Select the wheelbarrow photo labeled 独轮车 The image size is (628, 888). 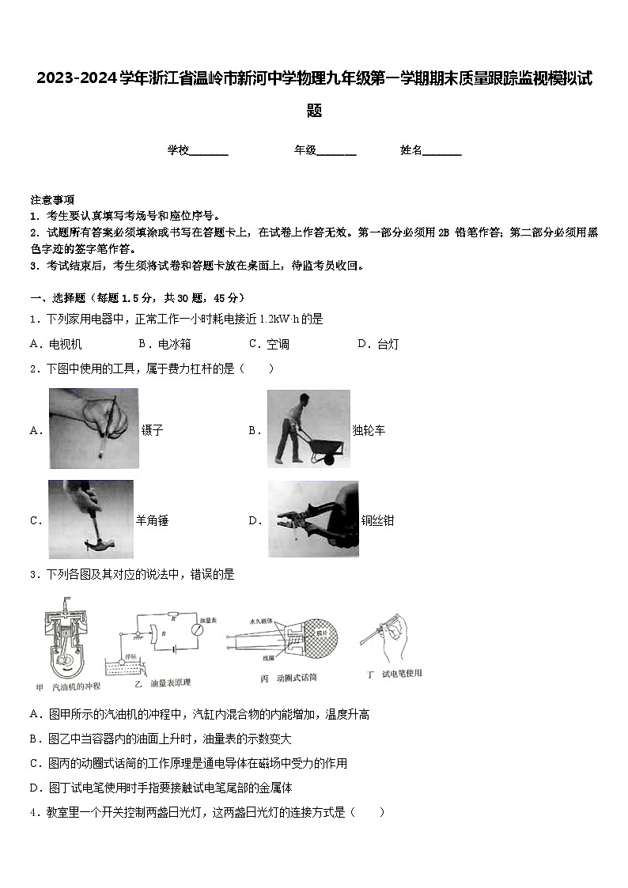pos(308,429)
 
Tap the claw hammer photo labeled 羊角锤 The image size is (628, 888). pos(91,519)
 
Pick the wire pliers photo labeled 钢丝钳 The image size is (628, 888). pos(312,519)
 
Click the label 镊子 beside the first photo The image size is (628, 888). pos(152,431)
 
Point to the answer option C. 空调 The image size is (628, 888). pos(269,344)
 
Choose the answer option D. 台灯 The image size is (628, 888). pos(378,344)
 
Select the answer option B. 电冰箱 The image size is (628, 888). pos(165,344)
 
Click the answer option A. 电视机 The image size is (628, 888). pos(55,344)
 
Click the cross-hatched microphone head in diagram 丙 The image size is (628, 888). pos(316,637)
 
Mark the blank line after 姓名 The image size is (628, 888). pos(442,150)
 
